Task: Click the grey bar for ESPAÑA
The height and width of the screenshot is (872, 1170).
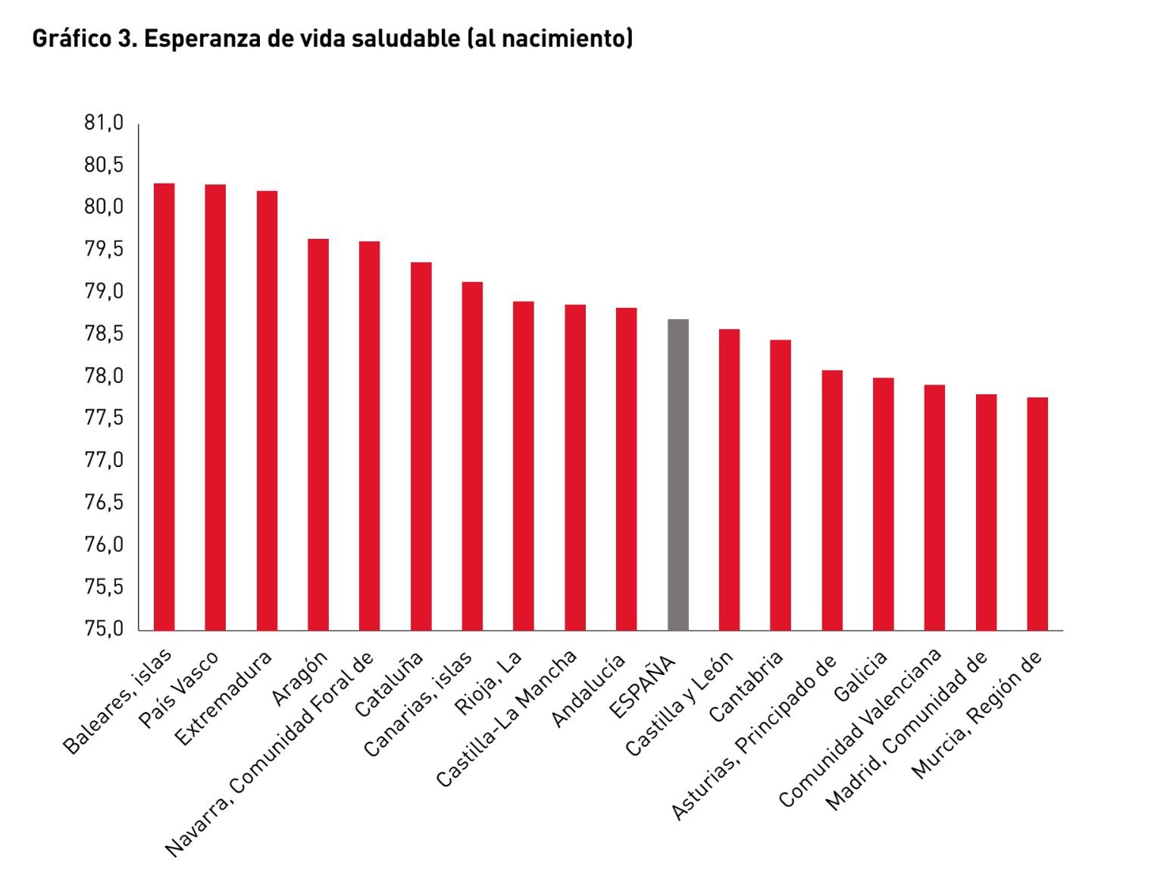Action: [677, 475]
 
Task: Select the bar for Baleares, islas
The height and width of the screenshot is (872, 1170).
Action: [164, 406]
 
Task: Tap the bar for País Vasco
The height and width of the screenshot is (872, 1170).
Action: [215, 407]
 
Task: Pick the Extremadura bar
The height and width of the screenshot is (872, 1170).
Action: [267, 410]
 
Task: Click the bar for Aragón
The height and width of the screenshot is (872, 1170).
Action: [318, 434]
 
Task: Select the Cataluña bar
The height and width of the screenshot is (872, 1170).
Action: [421, 446]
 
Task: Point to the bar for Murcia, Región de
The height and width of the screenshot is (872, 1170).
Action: [1037, 513]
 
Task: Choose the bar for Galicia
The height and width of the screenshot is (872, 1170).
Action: [883, 503]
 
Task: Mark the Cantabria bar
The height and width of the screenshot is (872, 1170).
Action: [781, 485]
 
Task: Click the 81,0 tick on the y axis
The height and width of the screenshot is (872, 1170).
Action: [104, 123]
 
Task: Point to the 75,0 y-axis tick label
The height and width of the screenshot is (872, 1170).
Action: [104, 629]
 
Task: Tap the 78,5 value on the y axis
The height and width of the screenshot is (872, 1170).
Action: [104, 334]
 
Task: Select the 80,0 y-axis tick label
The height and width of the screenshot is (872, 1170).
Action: [104, 207]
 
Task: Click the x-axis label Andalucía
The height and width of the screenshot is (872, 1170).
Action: [590, 690]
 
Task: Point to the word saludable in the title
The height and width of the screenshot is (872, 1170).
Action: [406, 38]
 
